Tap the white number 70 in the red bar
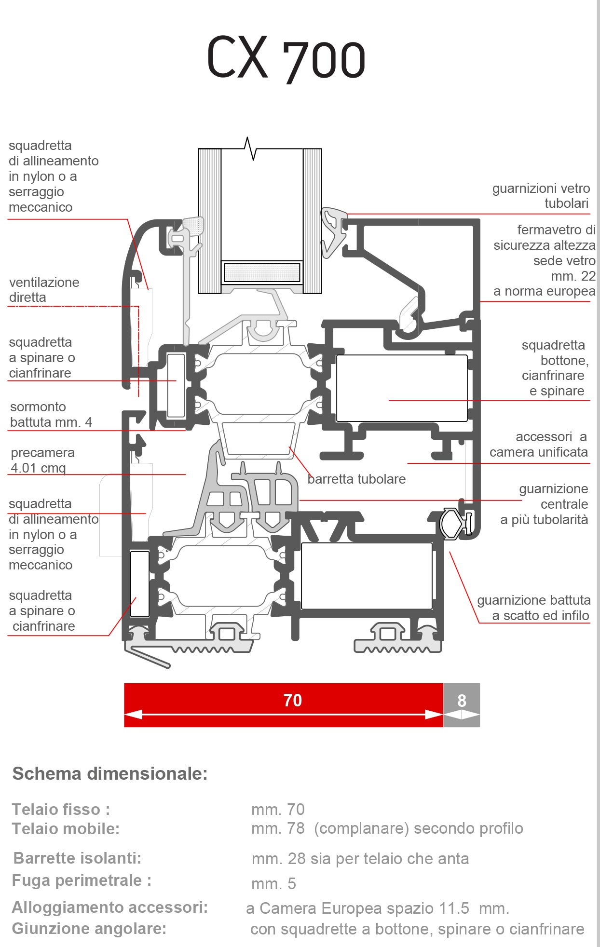[x=292, y=700]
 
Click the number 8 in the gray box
[x=462, y=701]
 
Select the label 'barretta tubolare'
[x=356, y=479]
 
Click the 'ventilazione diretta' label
[x=44, y=290]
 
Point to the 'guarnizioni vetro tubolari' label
[x=541, y=196]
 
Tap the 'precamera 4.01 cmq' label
[x=42, y=460]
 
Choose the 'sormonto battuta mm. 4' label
[x=51, y=414]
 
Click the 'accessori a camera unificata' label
[x=538, y=444]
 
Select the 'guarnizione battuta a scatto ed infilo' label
[x=533, y=608]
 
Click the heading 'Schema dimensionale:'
[x=110, y=773]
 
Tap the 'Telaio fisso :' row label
[x=61, y=809]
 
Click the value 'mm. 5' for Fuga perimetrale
[x=273, y=883]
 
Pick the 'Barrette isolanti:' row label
[x=77, y=858]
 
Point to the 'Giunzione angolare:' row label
[x=89, y=928]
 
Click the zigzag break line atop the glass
[x=250, y=148]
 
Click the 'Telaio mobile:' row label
[x=66, y=828]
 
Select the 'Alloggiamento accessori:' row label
[x=110, y=907]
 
